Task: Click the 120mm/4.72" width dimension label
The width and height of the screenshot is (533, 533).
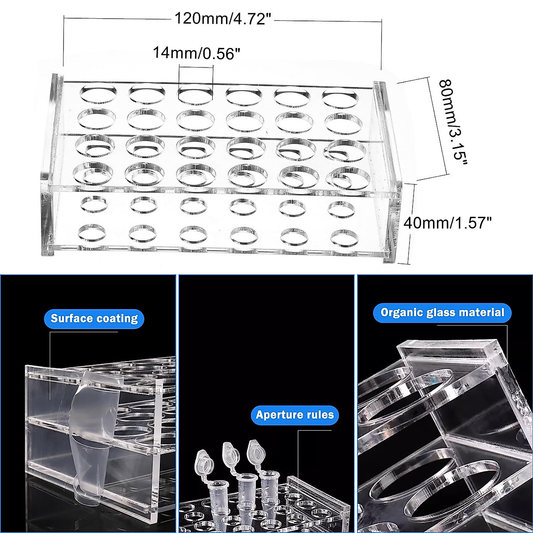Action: tap(223, 19)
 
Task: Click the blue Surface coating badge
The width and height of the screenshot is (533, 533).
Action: tap(94, 318)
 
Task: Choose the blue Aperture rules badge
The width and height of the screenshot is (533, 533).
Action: tap(294, 415)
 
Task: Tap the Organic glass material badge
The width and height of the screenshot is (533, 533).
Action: tap(442, 312)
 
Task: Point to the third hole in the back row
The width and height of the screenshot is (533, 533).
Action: tap(196, 95)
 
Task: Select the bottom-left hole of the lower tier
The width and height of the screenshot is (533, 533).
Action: tap(94, 232)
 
